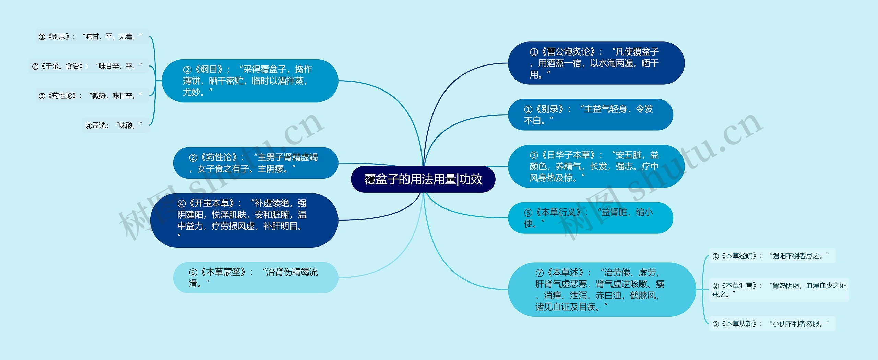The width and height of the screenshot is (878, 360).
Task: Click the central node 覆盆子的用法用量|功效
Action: (x=423, y=179)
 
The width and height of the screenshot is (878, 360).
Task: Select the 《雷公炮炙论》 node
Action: (x=596, y=63)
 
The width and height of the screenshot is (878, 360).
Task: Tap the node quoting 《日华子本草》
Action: (x=596, y=166)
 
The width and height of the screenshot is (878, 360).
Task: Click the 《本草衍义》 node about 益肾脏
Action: (x=590, y=218)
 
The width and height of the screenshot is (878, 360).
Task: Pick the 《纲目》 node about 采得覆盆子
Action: (x=250, y=81)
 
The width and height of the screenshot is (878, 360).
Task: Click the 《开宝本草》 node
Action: (x=244, y=220)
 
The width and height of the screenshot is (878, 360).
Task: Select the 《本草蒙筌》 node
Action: (x=256, y=277)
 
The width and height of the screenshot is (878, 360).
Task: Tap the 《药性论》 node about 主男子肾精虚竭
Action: (x=256, y=163)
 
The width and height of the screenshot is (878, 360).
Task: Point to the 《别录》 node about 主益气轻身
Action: (x=590, y=115)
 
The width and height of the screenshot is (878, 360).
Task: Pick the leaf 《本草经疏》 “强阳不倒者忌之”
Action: (x=772, y=256)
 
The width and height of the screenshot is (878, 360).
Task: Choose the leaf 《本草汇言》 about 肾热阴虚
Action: (x=779, y=289)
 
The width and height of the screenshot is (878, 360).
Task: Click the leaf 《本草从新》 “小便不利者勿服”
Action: (x=772, y=324)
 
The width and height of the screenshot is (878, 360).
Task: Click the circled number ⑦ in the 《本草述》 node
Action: (x=539, y=273)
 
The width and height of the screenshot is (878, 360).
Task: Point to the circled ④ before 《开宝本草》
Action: (x=181, y=204)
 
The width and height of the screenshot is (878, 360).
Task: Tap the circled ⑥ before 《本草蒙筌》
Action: (x=193, y=273)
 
